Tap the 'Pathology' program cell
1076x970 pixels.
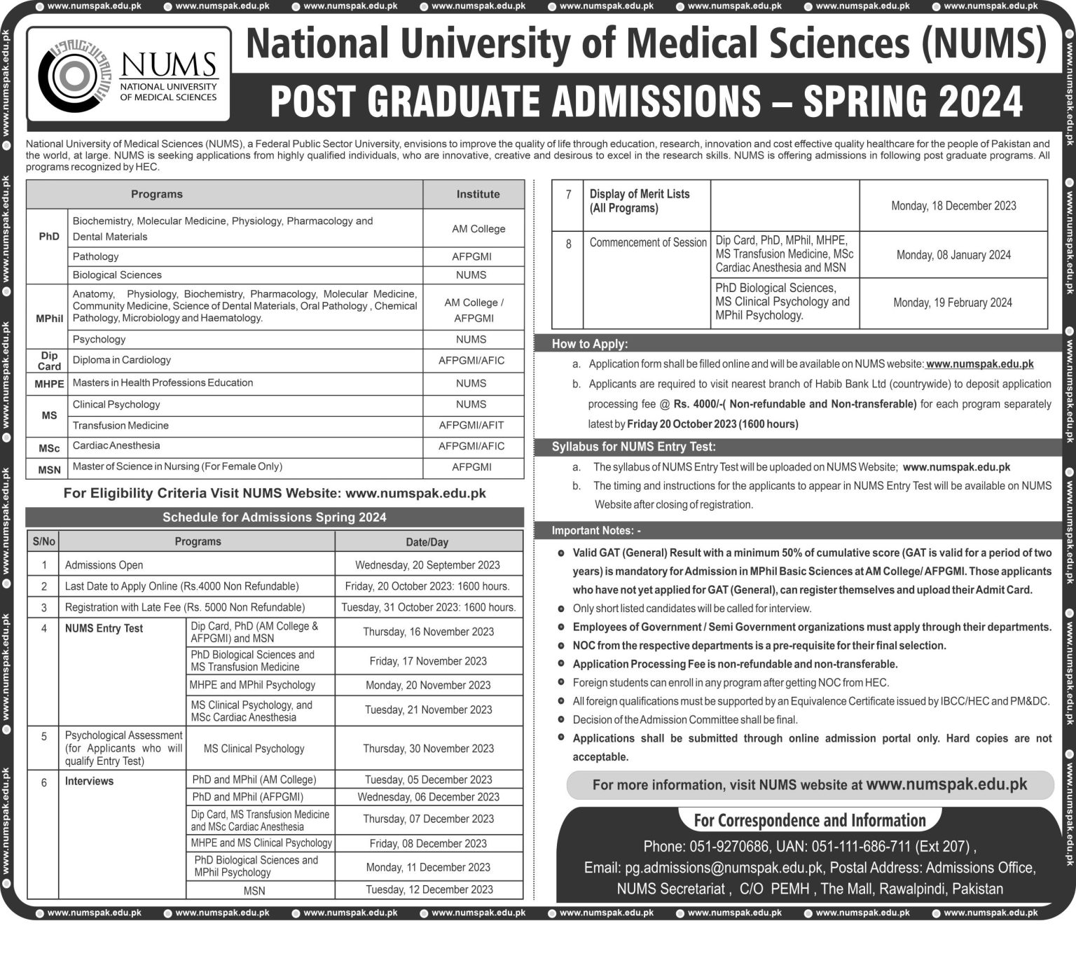pos(96,256)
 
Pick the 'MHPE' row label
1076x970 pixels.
pos(49,384)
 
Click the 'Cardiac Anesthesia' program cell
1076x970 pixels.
pos(116,445)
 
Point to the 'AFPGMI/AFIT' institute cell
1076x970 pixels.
pos(471,425)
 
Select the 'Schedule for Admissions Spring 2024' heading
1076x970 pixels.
pos(275,518)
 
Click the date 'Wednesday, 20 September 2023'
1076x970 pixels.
pos(427,565)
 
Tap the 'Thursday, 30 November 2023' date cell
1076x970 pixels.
pos(428,749)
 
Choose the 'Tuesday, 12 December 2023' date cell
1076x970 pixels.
pos(429,889)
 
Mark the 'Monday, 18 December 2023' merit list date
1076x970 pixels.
pos(953,206)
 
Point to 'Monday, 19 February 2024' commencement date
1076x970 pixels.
pos(953,303)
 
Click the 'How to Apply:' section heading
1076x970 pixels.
pos(590,344)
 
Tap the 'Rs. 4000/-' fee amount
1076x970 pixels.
pos(698,404)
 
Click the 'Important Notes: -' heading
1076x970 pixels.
pos(596,530)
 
